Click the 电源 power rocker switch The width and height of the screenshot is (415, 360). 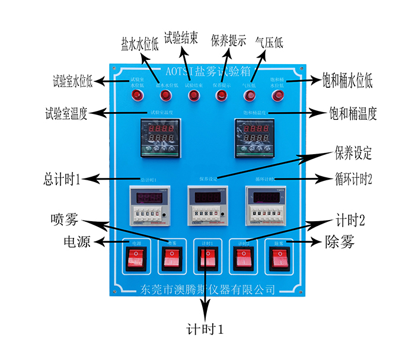coord(136,258)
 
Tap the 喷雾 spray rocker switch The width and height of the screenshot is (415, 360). coord(172,258)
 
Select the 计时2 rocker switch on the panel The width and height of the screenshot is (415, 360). coord(242,258)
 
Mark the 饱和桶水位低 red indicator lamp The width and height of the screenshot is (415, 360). coord(277,95)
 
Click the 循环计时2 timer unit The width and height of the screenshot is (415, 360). coord(267,205)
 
